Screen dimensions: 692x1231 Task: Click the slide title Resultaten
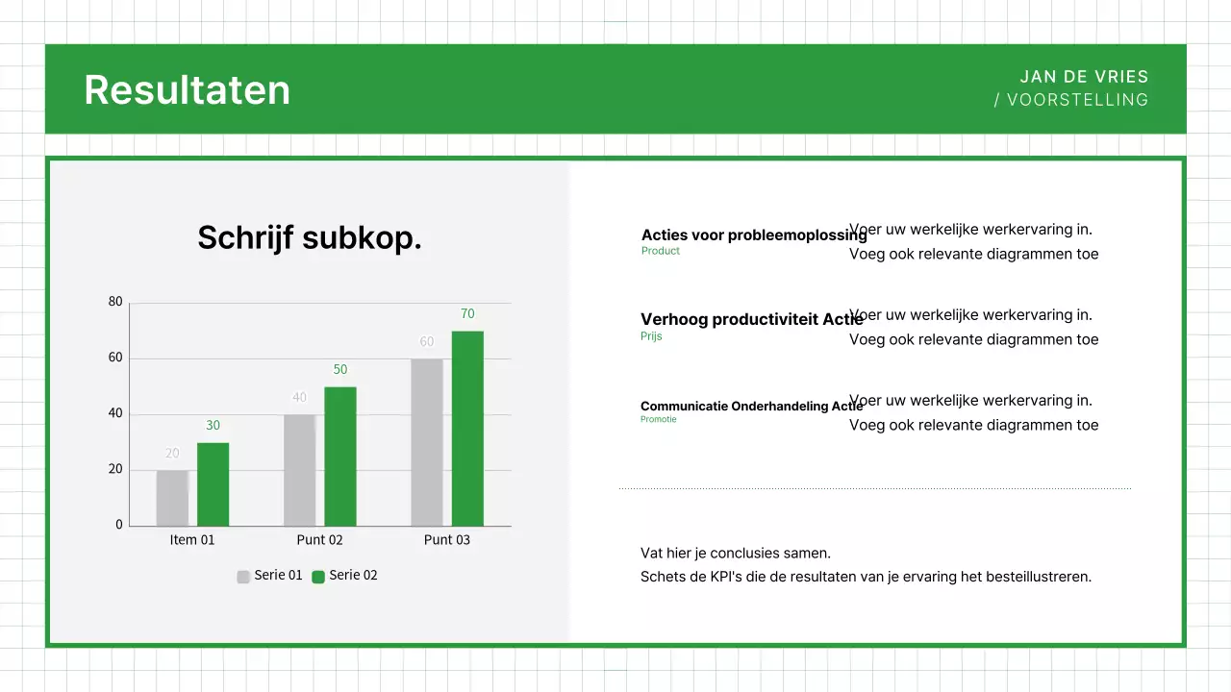tap(187, 89)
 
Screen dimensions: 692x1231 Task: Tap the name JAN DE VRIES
tap(1084, 77)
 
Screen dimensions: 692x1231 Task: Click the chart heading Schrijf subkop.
tap(310, 237)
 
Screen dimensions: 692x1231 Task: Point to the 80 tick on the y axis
tap(115, 302)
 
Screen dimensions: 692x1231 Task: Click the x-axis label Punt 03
tap(447, 540)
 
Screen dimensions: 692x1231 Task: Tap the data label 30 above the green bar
tap(213, 426)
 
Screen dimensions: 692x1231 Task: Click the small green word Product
tap(660, 251)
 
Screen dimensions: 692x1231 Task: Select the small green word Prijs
tap(651, 336)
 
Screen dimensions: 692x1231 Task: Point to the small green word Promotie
tap(658, 419)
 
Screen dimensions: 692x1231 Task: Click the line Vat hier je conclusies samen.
tap(736, 554)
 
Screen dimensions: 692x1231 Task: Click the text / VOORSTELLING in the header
tap(1071, 100)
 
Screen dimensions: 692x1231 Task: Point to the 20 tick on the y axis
tap(115, 469)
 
